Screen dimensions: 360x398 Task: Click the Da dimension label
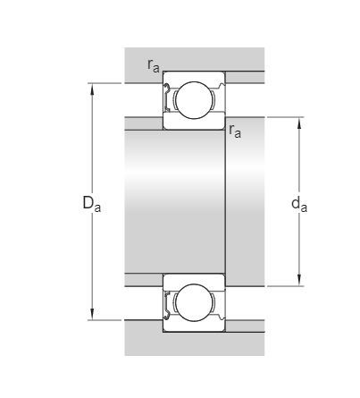92,204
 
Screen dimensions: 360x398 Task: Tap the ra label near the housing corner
154,65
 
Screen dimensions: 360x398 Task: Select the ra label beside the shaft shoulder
235,131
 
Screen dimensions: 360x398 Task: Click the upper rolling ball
194,100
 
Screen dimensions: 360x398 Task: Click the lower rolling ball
194,302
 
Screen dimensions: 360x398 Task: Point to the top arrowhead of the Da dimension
92,89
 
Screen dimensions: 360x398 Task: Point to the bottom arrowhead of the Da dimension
92,314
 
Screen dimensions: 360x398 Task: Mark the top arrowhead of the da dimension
299,123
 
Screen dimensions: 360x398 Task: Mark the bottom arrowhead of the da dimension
299,280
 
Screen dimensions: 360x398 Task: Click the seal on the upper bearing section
166,98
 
